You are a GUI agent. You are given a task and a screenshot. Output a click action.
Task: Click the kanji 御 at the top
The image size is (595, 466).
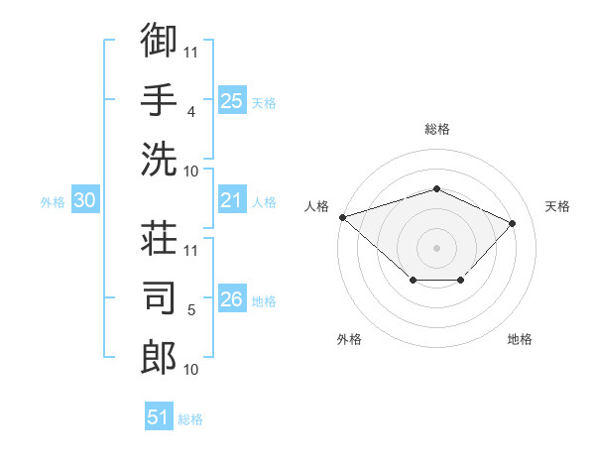159,40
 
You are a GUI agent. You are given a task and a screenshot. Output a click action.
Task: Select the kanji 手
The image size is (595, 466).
159,99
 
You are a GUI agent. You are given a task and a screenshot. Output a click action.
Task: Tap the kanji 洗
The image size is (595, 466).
159,159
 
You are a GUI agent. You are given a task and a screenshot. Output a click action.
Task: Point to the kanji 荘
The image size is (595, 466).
159,238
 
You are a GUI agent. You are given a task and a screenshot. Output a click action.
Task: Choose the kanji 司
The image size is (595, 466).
159,297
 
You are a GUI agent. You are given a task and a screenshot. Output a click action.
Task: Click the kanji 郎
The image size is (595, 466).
159,357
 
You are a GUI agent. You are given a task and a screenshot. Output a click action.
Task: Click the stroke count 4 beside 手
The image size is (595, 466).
191,112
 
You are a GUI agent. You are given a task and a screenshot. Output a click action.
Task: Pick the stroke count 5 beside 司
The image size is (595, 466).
191,310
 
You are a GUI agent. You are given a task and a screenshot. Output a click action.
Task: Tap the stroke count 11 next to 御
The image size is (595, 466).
190,53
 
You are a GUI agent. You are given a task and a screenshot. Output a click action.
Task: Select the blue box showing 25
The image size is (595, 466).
232,100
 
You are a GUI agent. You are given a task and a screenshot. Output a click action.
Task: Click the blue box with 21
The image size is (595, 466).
232,199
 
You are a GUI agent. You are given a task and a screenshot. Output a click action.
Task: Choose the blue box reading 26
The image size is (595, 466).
232,297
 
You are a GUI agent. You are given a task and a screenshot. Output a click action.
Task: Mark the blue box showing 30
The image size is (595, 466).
85,199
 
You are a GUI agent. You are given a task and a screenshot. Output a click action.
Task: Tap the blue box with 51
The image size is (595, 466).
159,415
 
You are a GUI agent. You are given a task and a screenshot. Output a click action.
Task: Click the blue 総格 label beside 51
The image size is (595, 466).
190,419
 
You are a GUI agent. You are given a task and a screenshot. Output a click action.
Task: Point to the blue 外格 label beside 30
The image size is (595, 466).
53,202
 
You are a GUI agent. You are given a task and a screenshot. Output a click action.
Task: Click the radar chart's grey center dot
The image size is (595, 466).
436,248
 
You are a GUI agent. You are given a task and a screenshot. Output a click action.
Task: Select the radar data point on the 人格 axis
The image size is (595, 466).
343,217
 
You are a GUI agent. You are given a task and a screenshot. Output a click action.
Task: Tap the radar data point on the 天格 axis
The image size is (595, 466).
512,223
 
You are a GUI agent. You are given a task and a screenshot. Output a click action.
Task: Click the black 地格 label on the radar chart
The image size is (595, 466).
520,339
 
